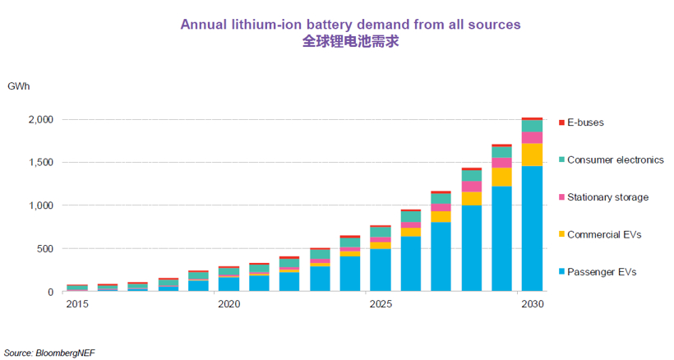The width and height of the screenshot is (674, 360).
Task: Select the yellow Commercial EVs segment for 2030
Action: point(532,155)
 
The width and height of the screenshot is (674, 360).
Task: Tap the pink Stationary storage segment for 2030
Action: point(532,137)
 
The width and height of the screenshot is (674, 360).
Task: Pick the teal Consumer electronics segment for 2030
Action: point(532,125)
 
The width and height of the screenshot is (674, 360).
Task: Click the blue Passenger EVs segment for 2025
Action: point(380,270)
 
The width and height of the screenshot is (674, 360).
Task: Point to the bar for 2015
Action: point(77,288)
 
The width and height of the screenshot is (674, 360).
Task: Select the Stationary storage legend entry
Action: point(607,197)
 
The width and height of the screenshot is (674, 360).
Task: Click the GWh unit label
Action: point(18,86)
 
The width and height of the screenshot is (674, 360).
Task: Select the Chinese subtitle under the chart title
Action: point(350,42)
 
